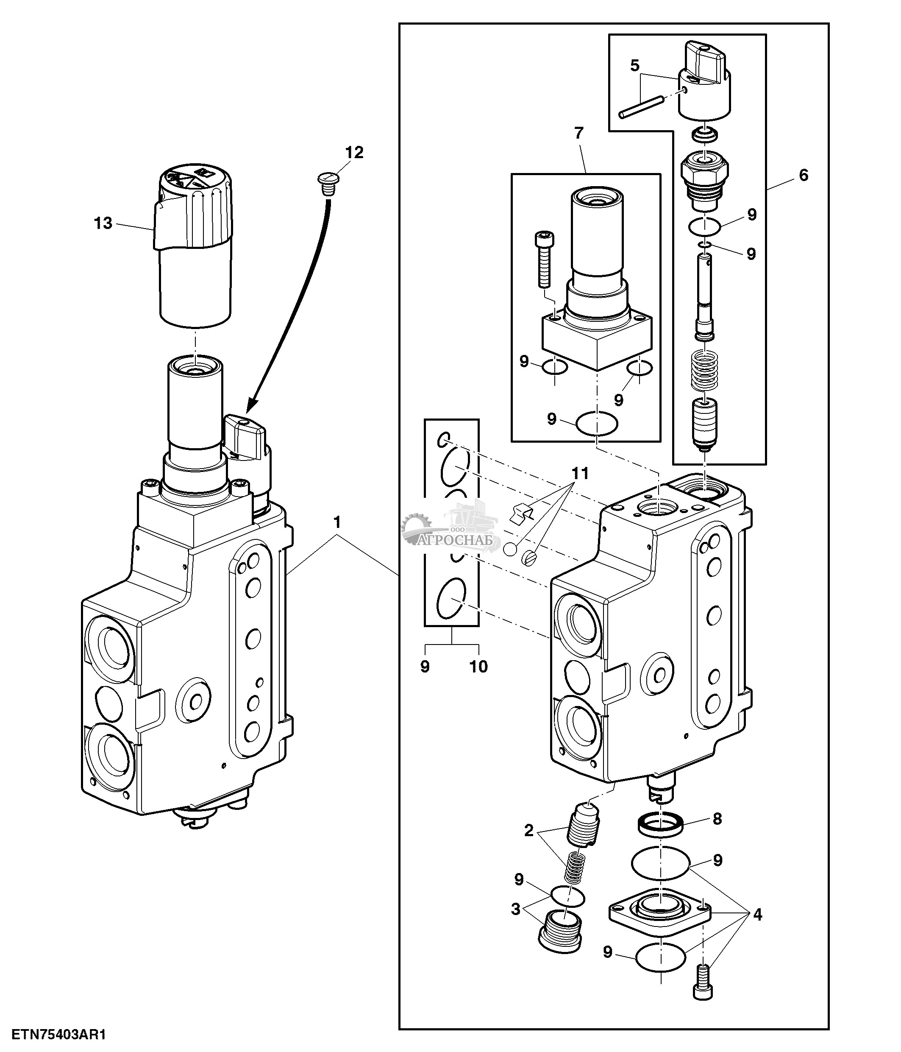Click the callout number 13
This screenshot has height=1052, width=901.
pyautogui.click(x=103, y=223)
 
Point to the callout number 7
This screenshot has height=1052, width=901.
pyautogui.click(x=579, y=133)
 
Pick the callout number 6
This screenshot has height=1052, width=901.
pyautogui.click(x=803, y=175)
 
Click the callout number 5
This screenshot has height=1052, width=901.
pyautogui.click(x=635, y=66)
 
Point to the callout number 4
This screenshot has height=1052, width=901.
pyautogui.click(x=757, y=915)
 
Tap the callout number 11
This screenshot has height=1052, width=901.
pyautogui.click(x=580, y=473)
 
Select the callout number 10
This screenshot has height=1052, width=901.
pyautogui.click(x=478, y=666)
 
